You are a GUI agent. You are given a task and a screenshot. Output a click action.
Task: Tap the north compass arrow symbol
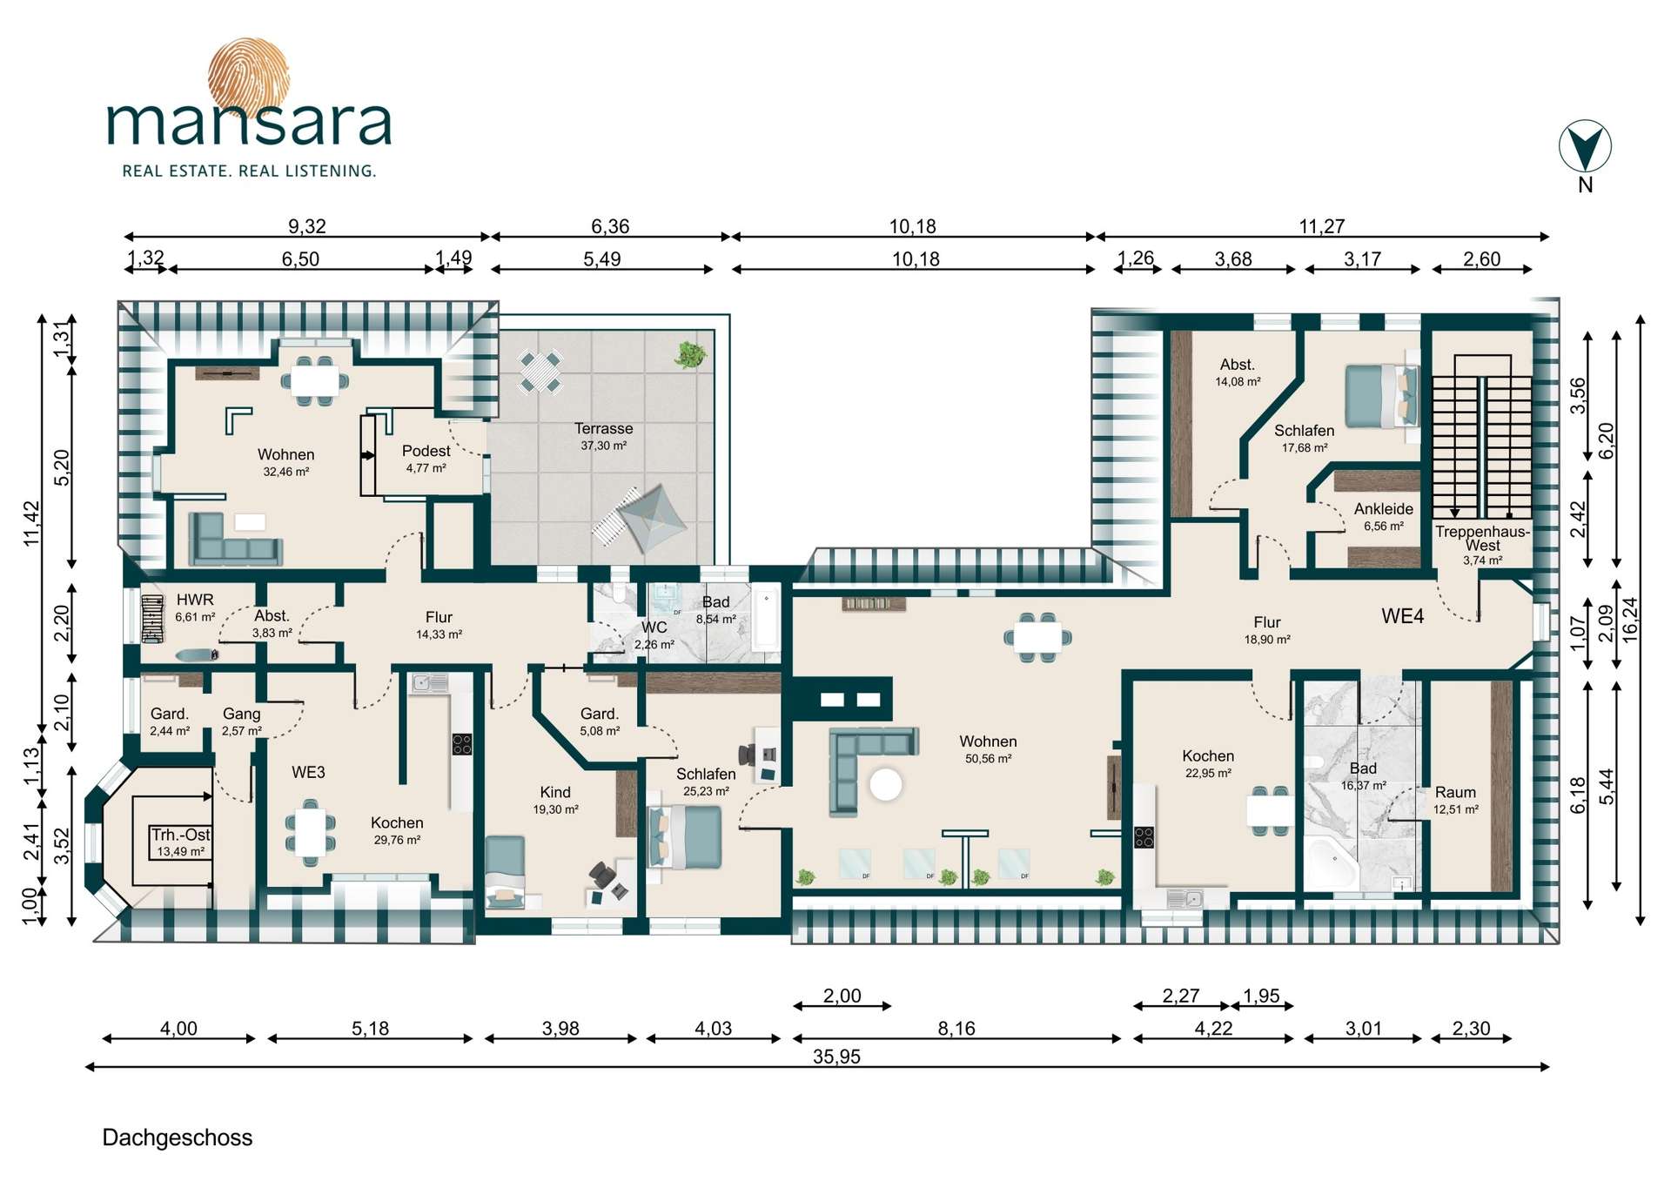coord(1585,147)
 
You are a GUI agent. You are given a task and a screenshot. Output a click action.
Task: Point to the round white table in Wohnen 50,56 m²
coord(886,784)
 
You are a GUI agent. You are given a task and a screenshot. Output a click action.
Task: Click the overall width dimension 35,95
coord(836,1057)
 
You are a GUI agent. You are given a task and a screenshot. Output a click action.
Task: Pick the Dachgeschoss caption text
coord(178,1137)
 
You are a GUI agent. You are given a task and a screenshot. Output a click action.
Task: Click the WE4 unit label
coord(1402,616)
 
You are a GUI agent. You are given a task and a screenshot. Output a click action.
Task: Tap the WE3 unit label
coord(308,772)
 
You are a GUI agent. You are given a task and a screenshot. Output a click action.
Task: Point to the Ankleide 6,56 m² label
coord(1384,517)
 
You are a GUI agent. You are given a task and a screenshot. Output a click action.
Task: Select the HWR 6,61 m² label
coord(195,607)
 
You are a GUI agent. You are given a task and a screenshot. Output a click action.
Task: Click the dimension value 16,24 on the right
coord(1629,620)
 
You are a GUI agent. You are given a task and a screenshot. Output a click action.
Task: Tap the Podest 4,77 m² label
coord(426,459)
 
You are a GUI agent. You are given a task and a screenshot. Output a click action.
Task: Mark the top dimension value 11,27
coord(1322,226)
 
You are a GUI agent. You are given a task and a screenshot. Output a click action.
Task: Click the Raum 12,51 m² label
coord(1456,801)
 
